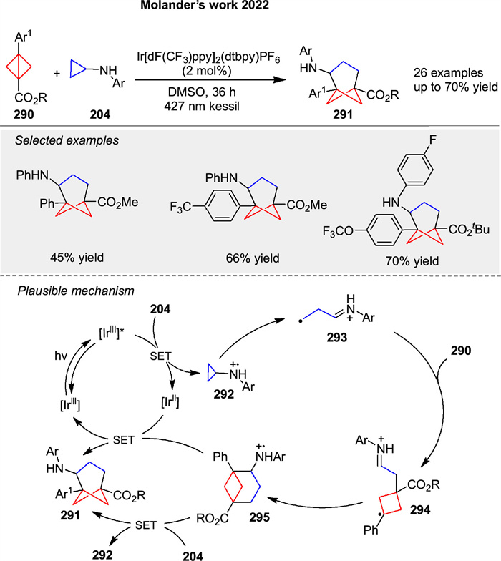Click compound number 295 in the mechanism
242,511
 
